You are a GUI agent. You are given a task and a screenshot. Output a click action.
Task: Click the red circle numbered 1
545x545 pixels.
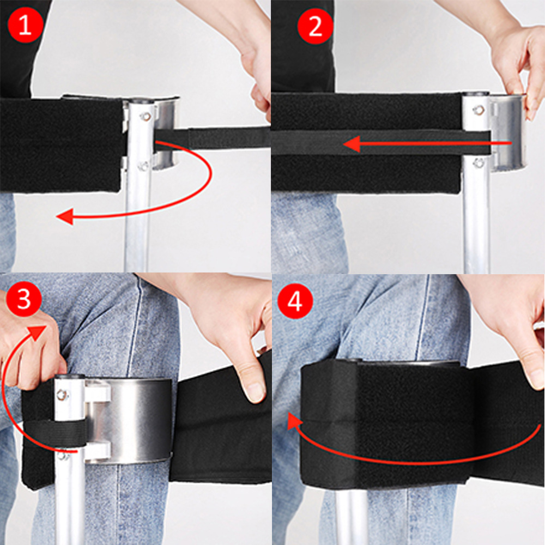click(25, 25)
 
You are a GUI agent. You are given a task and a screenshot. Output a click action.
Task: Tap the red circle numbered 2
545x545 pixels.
click(315, 26)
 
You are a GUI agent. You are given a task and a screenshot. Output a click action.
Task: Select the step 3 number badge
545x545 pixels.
click(23, 299)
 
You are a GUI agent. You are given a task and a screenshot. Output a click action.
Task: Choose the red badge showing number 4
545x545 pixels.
click(295, 301)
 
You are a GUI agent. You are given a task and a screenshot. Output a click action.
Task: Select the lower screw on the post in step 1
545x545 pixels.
click(143, 165)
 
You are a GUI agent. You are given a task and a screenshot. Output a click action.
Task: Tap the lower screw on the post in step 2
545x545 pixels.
click(479, 162)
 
